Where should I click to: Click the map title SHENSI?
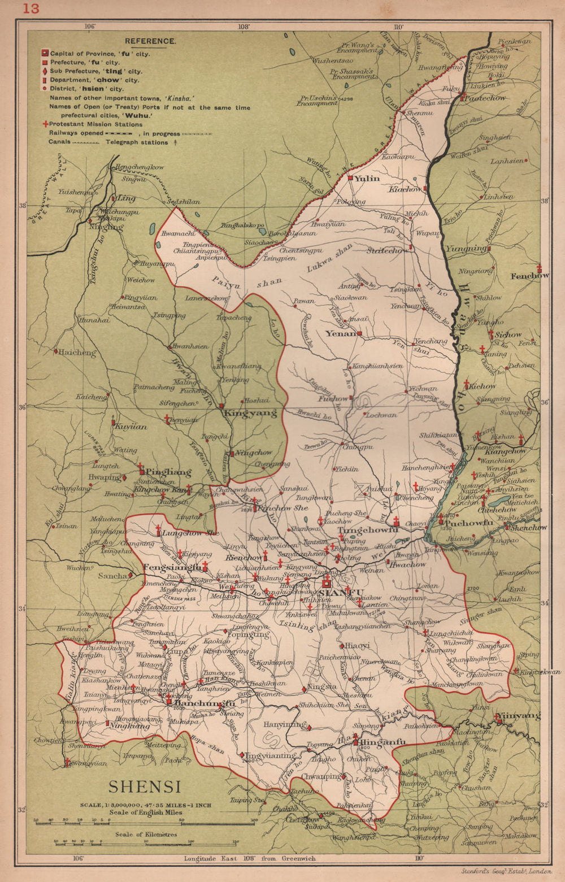(x=145, y=787)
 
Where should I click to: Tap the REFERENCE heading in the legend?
(x=150, y=41)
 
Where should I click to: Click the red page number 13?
(x=32, y=8)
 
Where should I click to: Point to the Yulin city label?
(x=367, y=179)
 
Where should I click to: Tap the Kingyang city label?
(x=250, y=413)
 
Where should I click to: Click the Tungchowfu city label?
(x=368, y=530)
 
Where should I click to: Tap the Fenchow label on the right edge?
(x=529, y=276)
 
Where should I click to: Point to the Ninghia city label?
(x=106, y=227)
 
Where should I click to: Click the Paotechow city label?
(x=486, y=98)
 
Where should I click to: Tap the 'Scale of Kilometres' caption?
(x=146, y=834)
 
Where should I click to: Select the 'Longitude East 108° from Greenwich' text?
(x=250, y=858)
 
